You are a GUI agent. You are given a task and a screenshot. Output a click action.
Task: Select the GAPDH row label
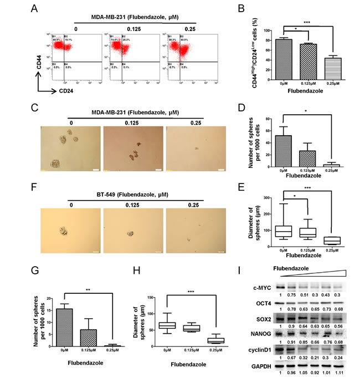253,366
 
